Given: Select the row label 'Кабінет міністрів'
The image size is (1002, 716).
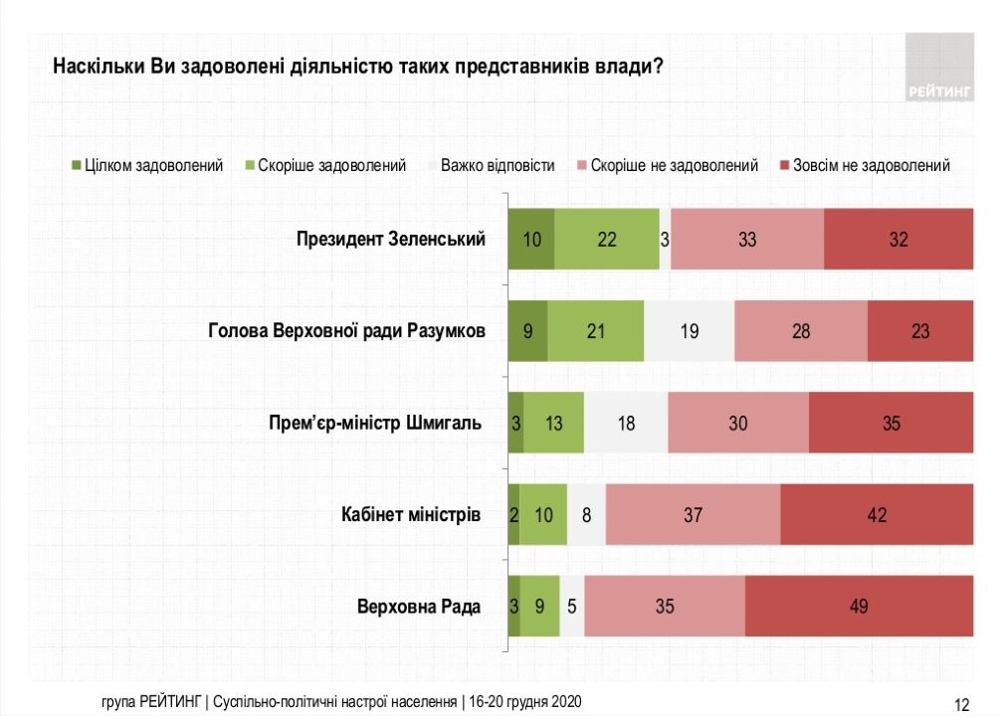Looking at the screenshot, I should [x=410, y=514].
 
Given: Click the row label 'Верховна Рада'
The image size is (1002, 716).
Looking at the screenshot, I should [x=419, y=606].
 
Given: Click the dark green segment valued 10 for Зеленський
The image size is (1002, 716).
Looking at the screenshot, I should [x=531, y=239].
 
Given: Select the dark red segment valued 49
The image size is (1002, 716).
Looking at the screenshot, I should [x=859, y=606].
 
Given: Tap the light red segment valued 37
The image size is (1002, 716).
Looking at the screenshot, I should [x=693, y=514].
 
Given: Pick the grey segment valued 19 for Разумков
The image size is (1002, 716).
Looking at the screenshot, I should [x=689, y=330].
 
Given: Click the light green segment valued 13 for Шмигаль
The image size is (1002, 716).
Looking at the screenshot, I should [x=553, y=423].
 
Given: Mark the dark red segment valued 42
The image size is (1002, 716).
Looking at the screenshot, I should [x=877, y=514].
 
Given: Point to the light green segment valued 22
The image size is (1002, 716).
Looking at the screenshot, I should [x=607, y=239].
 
